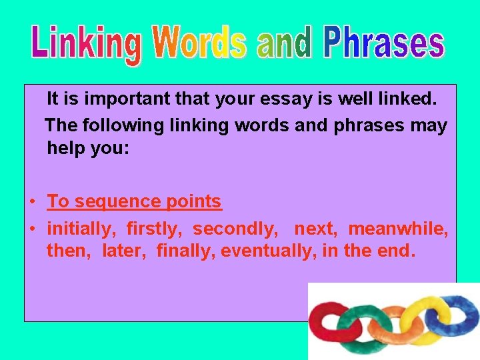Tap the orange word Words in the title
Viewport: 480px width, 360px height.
point(199,43)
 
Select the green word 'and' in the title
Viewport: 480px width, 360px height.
point(284,43)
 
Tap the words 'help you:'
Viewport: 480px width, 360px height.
point(87,148)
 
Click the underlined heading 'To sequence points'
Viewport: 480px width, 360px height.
point(134,201)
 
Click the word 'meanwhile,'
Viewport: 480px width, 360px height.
point(398,229)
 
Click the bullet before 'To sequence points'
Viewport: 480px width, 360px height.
point(31,201)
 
